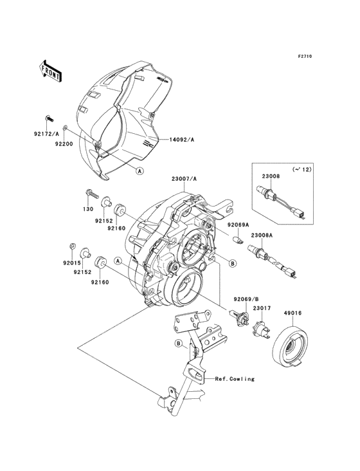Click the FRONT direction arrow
coord(50,71)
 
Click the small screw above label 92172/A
coord(50,118)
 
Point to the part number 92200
coord(64,144)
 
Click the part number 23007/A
coord(184,179)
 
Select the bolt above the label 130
coord(92,194)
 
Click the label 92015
coord(72,263)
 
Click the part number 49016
coord(292,313)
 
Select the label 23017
coord(262,308)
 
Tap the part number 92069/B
coord(246,299)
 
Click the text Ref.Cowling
coord(235,379)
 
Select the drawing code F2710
coord(305,56)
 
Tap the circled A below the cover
coord(139,171)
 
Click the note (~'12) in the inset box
coord(301,169)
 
